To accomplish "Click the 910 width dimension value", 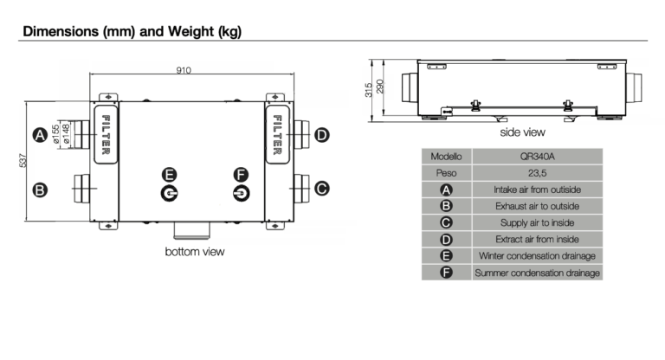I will tap(184, 71).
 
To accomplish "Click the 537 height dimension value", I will tap(23, 161).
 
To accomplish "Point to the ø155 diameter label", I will tap(55, 135).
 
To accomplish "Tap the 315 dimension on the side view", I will tap(368, 88).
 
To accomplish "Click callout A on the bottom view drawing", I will tap(39, 135).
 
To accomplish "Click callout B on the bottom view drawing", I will tap(39, 189).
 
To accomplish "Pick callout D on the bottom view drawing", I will tap(321, 135).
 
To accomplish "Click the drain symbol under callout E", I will tap(170, 193).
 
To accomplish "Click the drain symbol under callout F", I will tap(241, 193).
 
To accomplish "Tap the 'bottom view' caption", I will tap(195, 252).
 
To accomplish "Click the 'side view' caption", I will tap(522, 132).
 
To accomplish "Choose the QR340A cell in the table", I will tap(536, 157).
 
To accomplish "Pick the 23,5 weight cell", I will tap(536, 173).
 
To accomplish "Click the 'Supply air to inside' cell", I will tap(536, 222).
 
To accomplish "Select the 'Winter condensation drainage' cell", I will tap(536, 256).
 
